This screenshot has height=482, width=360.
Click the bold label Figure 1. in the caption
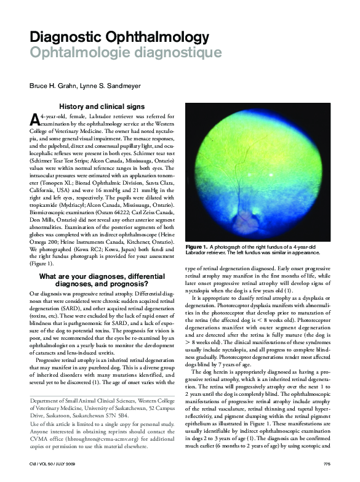coord(196,247)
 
